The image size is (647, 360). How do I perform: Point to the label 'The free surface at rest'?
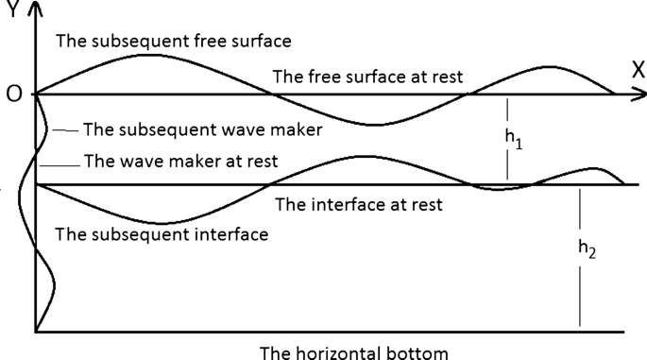[367, 77]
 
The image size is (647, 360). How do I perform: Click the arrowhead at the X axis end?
[641, 94]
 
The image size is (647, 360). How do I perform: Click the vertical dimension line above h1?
[507, 109]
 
